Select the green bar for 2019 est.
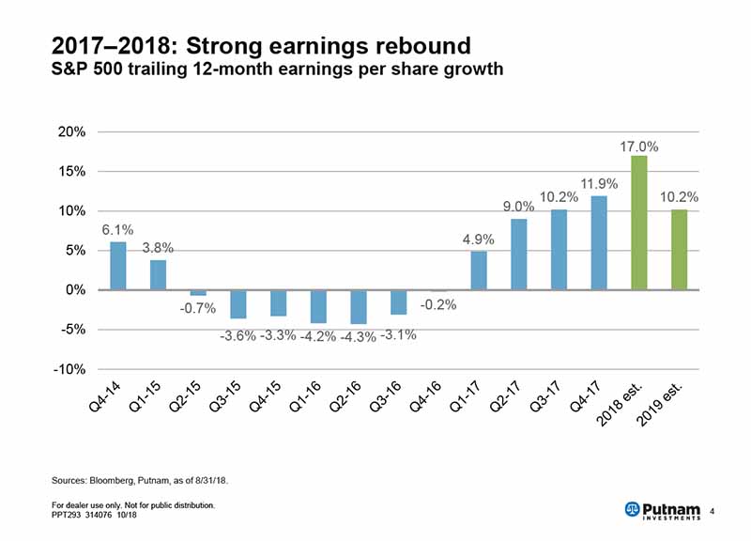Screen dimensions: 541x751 679,250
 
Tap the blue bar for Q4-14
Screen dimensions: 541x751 117,266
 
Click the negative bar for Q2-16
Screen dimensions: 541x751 358,307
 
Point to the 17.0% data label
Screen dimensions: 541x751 638,147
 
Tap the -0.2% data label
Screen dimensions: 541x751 438,305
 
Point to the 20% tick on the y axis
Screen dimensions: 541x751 72,132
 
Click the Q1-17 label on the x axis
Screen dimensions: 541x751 467,399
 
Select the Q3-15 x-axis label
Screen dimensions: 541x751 226,399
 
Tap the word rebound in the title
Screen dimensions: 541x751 422,44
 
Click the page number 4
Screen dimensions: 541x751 713,510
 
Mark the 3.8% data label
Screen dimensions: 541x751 158,249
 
